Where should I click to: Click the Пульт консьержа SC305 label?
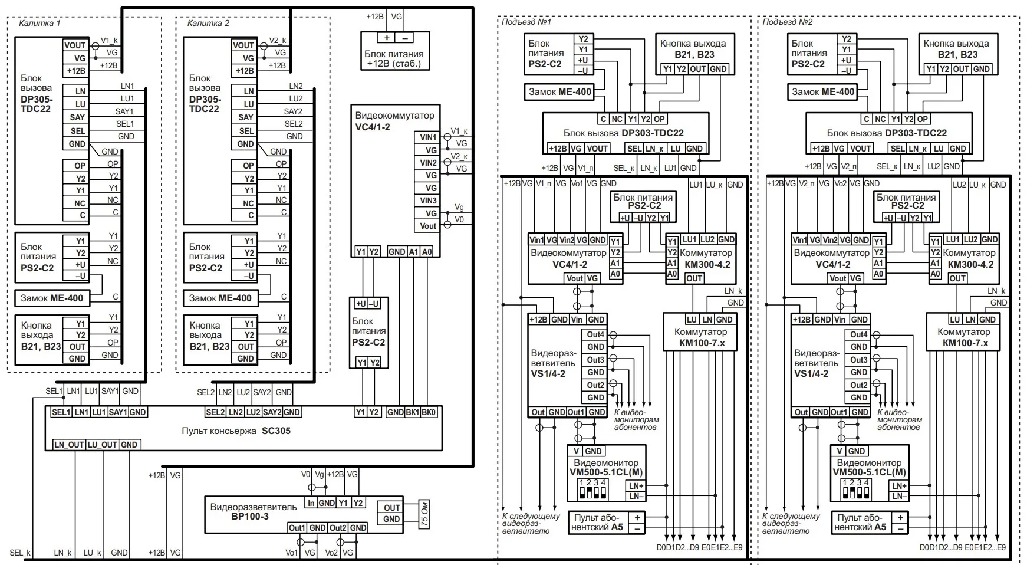point(236,431)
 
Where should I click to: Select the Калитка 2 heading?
point(208,24)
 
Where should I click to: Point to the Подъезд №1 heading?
point(526,22)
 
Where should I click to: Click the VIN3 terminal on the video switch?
point(428,201)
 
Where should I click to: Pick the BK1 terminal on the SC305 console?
point(412,412)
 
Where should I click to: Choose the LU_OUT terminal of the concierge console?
point(102,445)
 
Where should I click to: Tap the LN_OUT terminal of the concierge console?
point(69,445)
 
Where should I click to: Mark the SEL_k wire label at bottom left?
point(20,553)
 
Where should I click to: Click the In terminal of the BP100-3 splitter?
point(311,503)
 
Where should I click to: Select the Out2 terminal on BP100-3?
point(338,528)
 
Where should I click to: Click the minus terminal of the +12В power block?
point(405,38)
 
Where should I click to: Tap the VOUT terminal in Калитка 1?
point(75,45)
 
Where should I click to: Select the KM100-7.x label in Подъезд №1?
point(702,343)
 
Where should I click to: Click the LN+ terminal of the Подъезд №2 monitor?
point(899,486)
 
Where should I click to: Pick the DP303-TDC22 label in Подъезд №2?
point(887,133)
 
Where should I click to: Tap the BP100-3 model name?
point(250,516)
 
